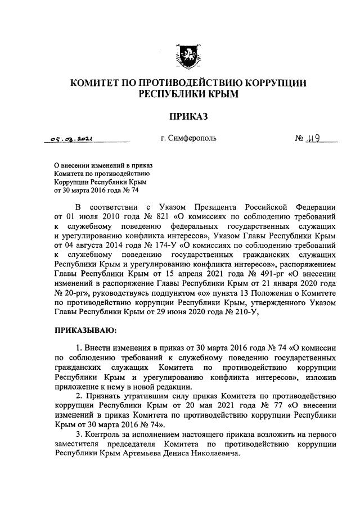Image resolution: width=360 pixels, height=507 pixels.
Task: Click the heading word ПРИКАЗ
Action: point(188,116)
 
